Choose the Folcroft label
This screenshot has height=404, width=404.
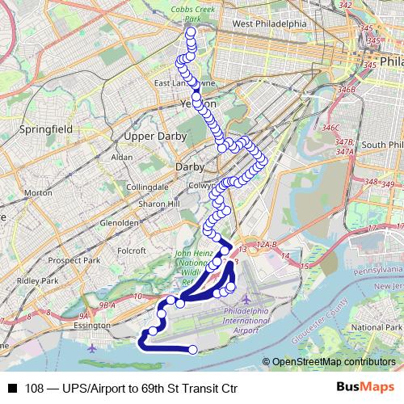[x=131, y=250]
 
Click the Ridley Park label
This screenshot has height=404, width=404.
[x=38, y=280]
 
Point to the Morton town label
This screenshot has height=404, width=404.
[x=38, y=193]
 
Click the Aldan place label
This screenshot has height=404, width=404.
[x=122, y=156]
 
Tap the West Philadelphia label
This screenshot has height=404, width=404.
[x=269, y=24]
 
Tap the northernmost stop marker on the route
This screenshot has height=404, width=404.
[x=191, y=33]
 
